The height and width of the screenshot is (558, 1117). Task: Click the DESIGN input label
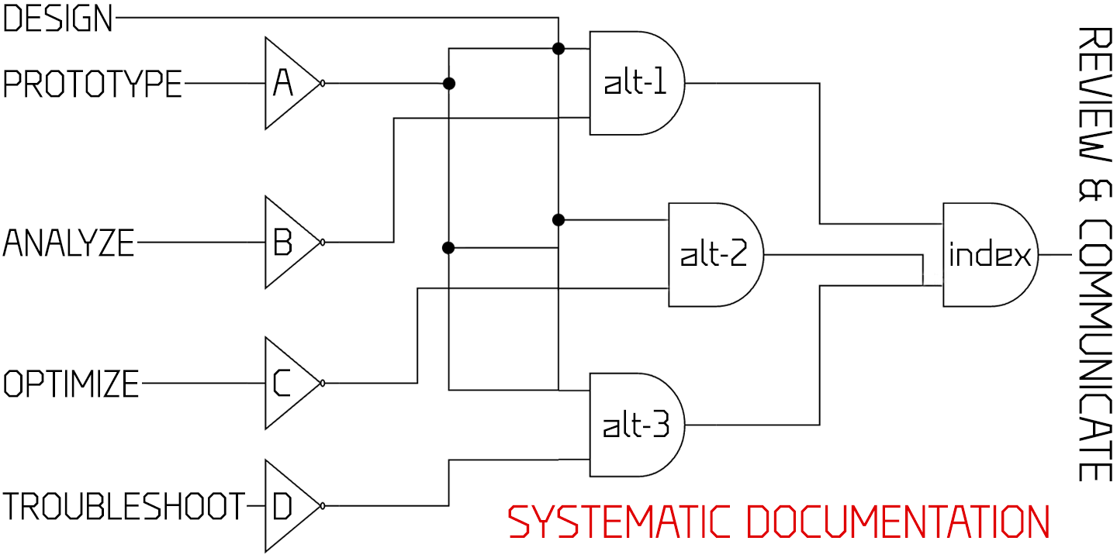coord(58,19)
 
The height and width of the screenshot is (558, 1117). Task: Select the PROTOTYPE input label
coord(92,84)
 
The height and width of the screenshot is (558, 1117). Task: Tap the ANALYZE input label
coord(69,243)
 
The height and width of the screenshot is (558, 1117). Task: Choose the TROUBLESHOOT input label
coord(124,507)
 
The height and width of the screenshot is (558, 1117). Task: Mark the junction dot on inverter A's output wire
coord(448,83)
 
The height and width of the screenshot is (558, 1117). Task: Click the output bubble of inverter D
coord(323,507)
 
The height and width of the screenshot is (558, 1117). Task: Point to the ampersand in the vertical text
coord(1095,189)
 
